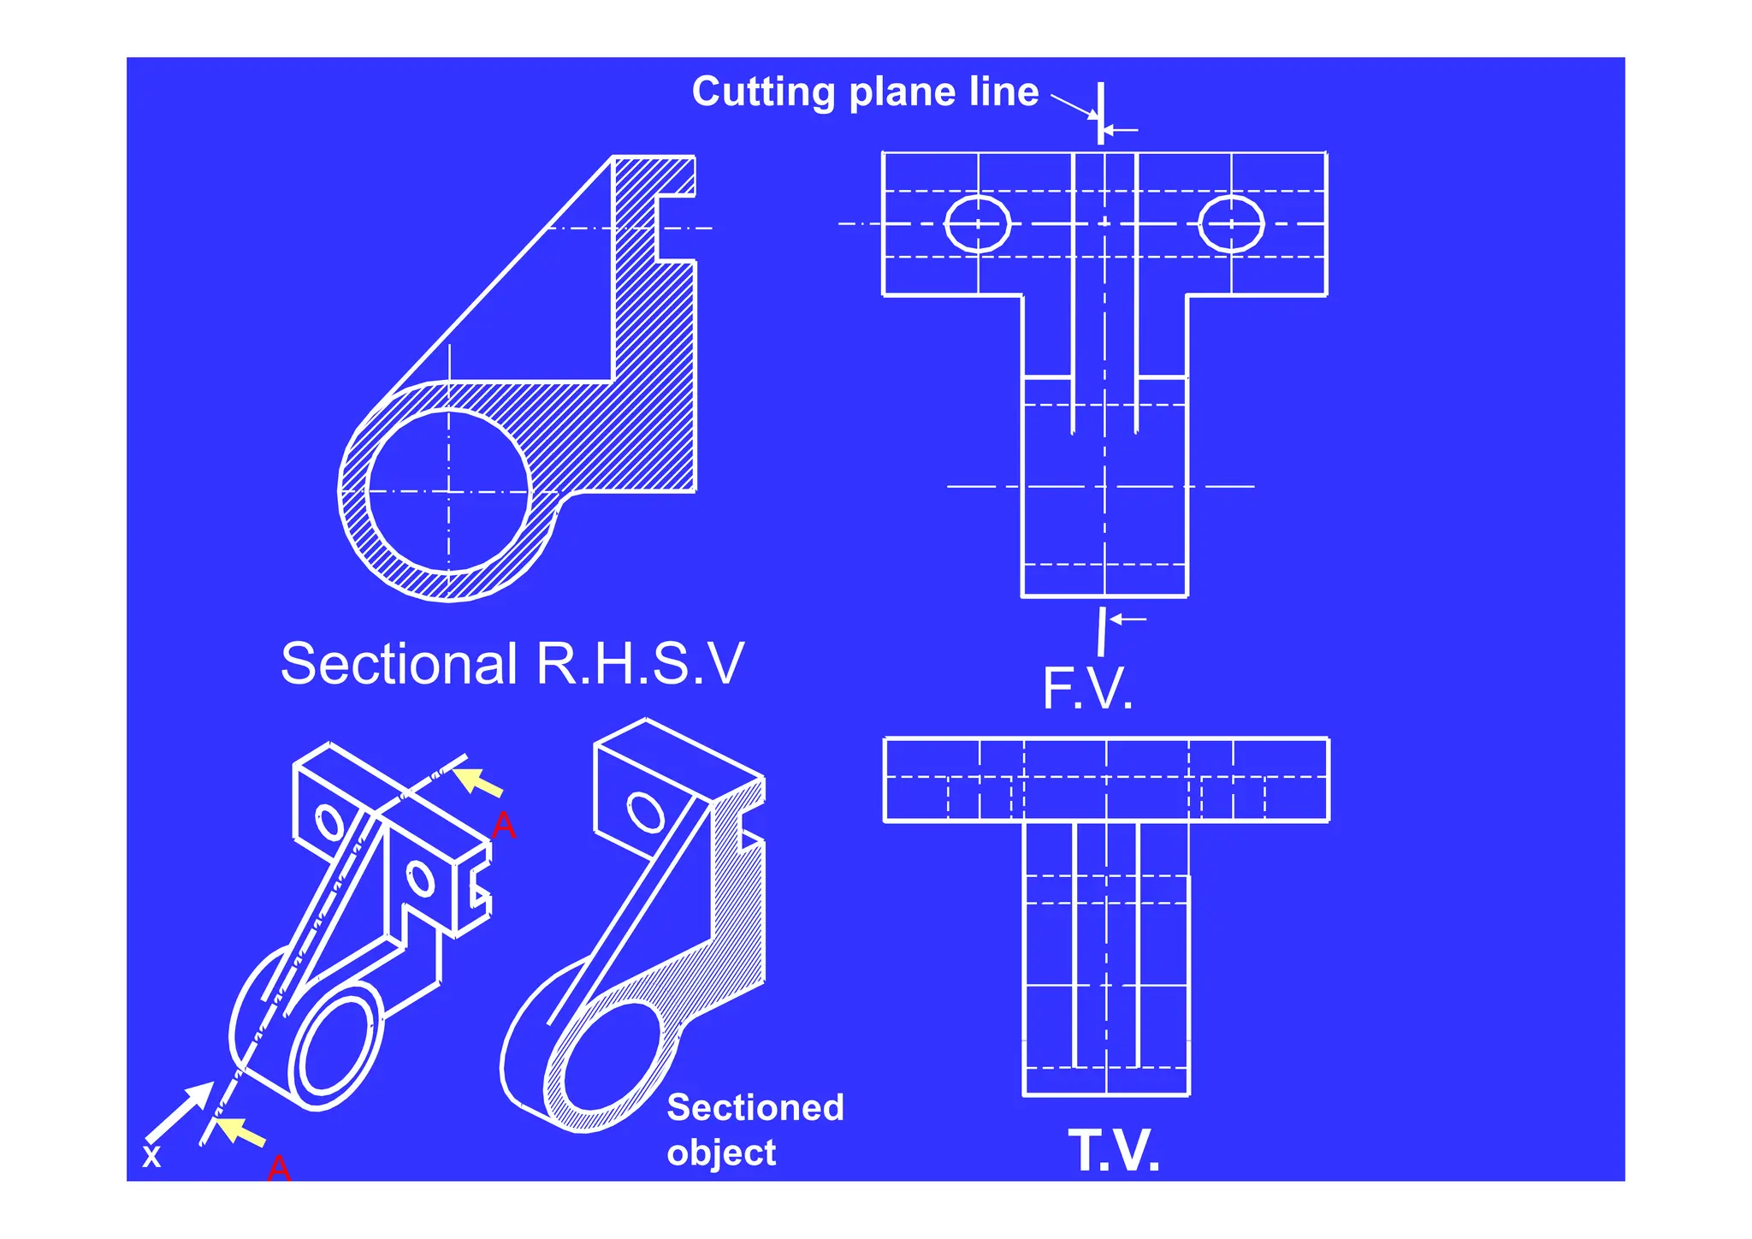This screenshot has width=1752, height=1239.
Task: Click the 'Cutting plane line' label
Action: pyautogui.click(x=865, y=92)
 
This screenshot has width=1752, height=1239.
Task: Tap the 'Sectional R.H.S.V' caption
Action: pyautogui.click(x=512, y=664)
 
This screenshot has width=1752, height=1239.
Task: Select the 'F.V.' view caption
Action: pyautogui.click(x=1087, y=690)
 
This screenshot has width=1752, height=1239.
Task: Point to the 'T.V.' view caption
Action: pyautogui.click(x=1114, y=1151)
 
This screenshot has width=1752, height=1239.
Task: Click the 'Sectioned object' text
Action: pyautogui.click(x=755, y=1129)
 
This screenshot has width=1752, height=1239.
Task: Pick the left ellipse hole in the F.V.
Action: pyautogui.click(x=978, y=224)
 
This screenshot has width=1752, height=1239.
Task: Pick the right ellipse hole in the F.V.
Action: pyautogui.click(x=1231, y=224)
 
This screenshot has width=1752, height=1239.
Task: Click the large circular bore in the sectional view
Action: pyautogui.click(x=448, y=491)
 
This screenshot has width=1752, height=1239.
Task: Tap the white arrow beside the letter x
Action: pyautogui.click(x=181, y=1111)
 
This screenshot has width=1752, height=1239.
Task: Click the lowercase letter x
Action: pyautogui.click(x=151, y=1157)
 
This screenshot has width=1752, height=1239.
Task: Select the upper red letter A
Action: pyautogui.click(x=504, y=827)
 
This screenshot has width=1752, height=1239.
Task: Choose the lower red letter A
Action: pyautogui.click(x=279, y=1168)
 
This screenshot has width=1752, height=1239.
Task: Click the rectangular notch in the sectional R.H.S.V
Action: pyautogui.click(x=676, y=228)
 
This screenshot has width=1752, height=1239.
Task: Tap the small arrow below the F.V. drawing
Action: pyautogui.click(x=1128, y=619)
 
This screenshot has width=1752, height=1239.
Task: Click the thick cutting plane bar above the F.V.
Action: pyautogui.click(x=1101, y=112)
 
